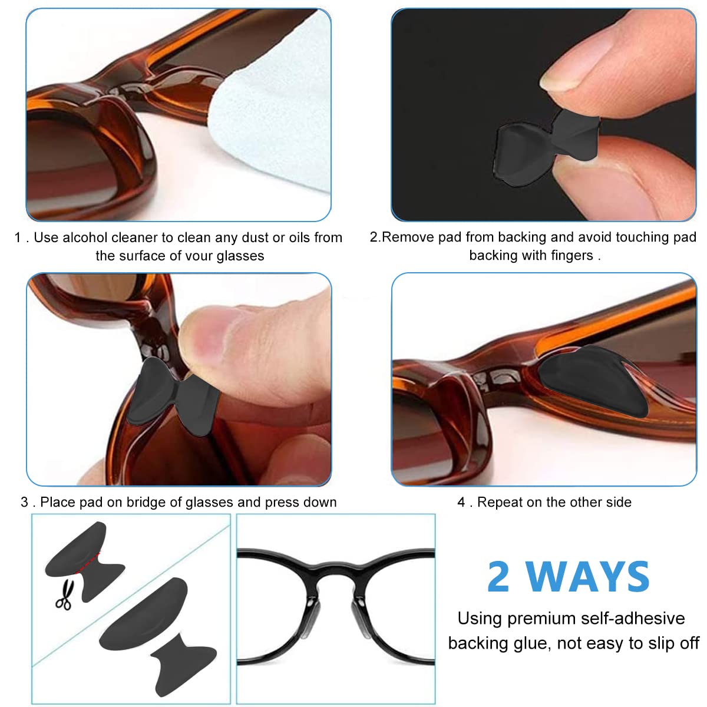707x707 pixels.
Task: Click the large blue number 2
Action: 499,577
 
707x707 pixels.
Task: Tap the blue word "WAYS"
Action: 588,577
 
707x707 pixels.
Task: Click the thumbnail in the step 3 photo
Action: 203,336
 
